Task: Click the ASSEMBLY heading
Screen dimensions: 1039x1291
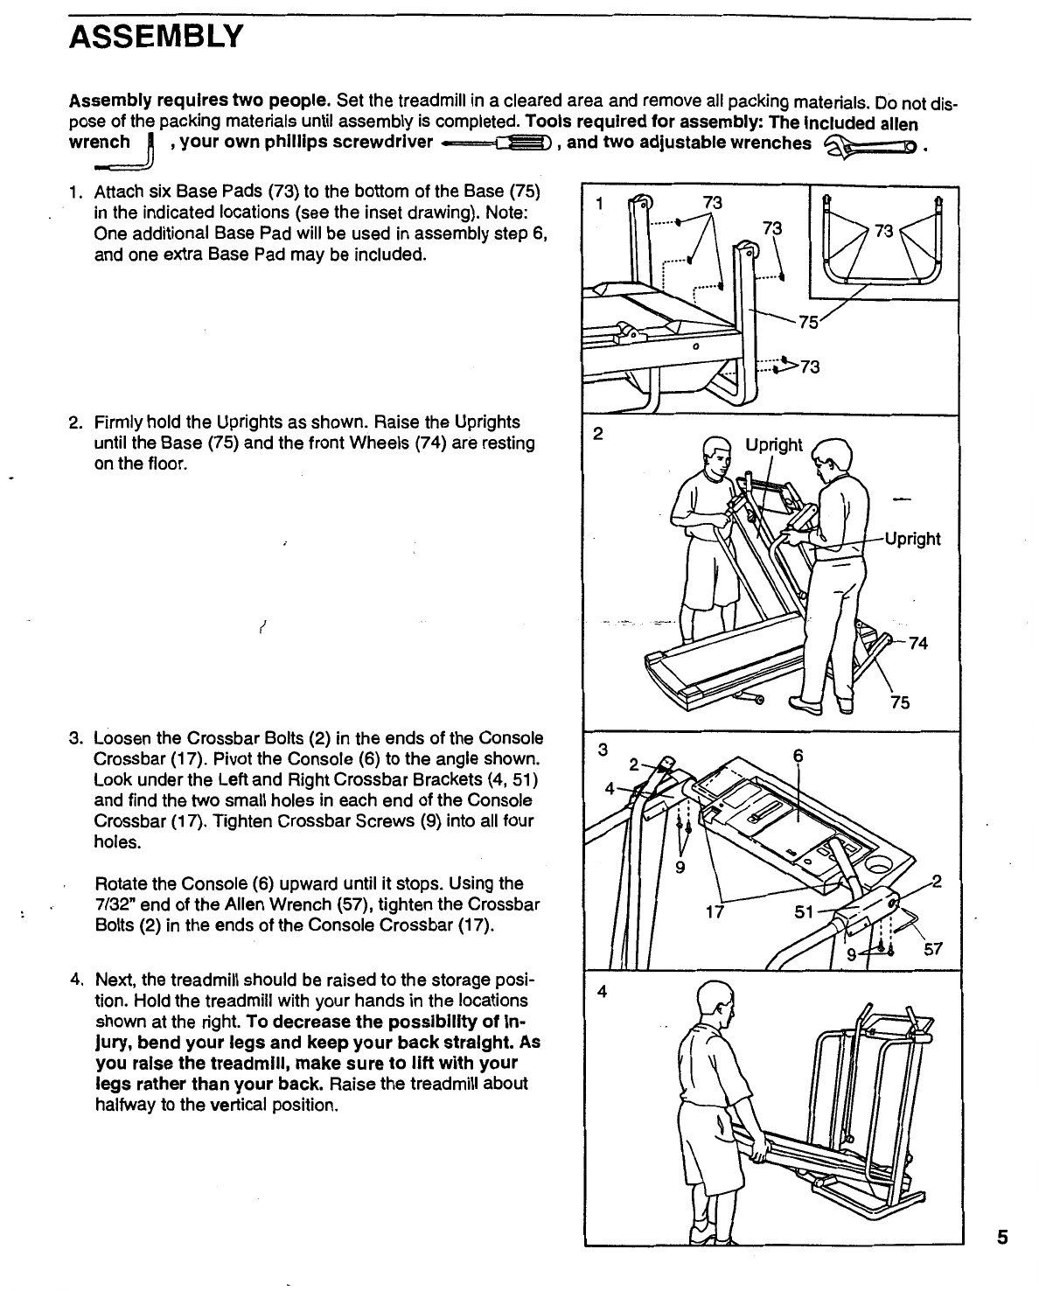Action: [x=157, y=38]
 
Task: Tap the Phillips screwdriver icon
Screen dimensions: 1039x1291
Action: [x=496, y=143]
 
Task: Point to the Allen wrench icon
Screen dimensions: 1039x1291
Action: [x=125, y=152]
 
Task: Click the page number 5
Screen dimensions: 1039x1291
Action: [x=1002, y=1238]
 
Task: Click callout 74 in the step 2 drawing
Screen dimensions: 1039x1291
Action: [x=917, y=643]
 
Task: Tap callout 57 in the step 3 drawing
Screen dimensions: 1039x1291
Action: [x=933, y=948]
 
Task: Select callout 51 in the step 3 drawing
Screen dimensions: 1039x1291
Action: [x=804, y=912]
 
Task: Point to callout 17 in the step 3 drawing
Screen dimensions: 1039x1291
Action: [x=715, y=912]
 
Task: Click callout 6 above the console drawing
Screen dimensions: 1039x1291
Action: [x=798, y=756]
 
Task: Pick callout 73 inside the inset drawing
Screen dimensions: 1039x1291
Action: [x=883, y=231]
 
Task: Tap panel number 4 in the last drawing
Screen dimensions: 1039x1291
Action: [x=602, y=992]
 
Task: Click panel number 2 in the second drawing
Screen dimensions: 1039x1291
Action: [x=598, y=434]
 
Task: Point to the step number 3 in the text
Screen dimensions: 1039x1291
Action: [x=74, y=738]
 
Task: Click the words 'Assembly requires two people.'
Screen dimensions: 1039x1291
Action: [x=199, y=101]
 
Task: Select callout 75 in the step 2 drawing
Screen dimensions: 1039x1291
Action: [x=900, y=701]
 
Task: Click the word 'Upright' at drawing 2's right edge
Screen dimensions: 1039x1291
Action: [x=912, y=539]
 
